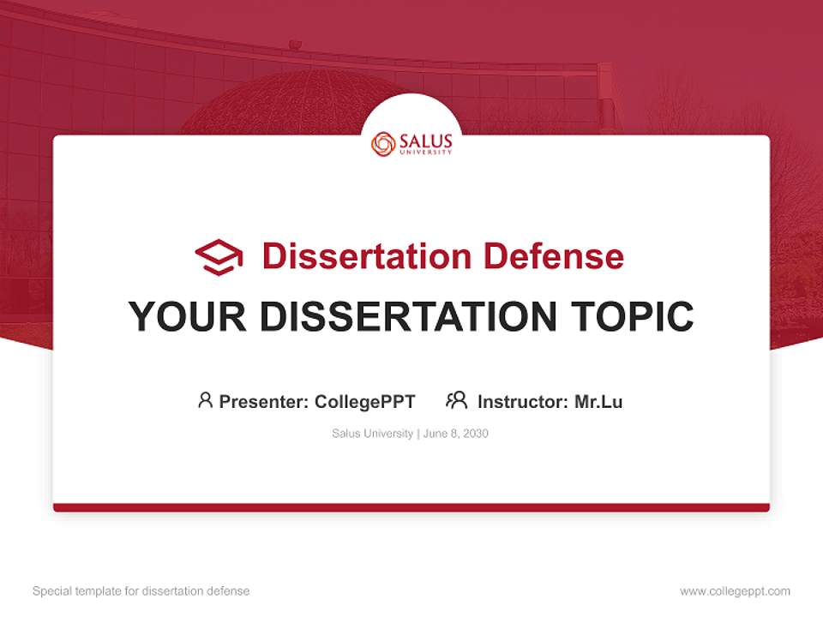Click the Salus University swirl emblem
(x=383, y=144)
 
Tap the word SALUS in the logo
(x=424, y=141)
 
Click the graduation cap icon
(x=219, y=256)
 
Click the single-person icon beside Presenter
(x=205, y=400)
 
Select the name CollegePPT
(x=364, y=401)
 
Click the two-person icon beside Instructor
(x=456, y=400)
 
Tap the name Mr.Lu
(x=598, y=401)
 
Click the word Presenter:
(x=264, y=401)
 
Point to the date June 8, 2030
(x=456, y=434)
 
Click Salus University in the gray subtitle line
(x=373, y=434)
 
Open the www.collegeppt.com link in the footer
(x=735, y=591)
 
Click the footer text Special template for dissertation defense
(x=141, y=591)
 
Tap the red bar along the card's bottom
(x=411, y=507)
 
